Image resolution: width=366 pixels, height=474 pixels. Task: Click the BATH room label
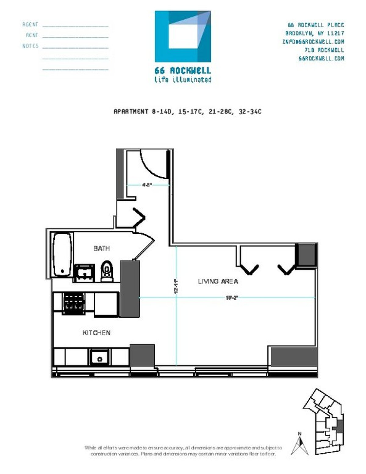tap(102, 248)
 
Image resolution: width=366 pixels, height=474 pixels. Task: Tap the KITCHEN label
tap(96, 332)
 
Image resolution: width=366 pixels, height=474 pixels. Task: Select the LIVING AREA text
tap(218, 281)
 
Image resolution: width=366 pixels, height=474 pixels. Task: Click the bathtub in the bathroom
tap(62, 254)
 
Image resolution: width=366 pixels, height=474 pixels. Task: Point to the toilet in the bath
tap(106, 270)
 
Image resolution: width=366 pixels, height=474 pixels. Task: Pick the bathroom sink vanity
tap(84, 272)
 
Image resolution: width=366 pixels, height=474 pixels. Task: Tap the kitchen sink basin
tap(99, 357)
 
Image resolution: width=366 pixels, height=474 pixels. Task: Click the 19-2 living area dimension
tap(231, 298)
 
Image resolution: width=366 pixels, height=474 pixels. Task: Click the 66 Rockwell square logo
tap(183, 36)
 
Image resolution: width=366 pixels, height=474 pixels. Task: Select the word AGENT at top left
tap(30, 24)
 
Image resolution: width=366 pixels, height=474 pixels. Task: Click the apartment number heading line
tap(187, 111)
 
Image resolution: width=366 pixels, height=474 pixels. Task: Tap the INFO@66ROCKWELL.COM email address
tap(313, 41)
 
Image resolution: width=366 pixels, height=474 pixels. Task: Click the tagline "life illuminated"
tap(183, 80)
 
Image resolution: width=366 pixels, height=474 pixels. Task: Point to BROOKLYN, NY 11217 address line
tap(314, 33)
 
